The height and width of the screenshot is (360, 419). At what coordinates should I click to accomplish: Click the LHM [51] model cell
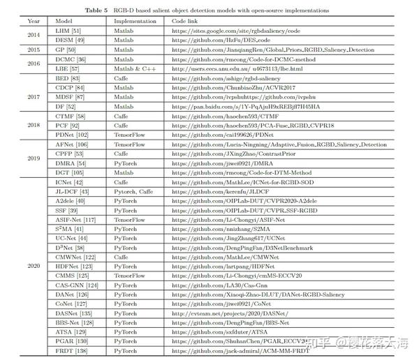coord(67,32)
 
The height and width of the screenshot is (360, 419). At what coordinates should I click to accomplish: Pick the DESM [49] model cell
coord(68,41)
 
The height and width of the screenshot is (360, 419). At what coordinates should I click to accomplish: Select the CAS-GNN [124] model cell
coord(73,285)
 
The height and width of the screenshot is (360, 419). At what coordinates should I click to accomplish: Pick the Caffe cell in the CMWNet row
coord(124,257)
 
